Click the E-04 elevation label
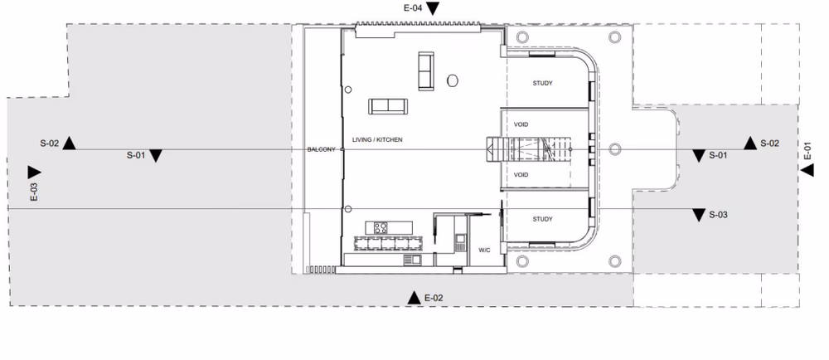click(x=413, y=7)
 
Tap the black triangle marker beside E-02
click(x=413, y=297)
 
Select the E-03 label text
click(x=34, y=192)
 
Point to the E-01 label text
click(x=807, y=151)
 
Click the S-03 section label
click(x=719, y=215)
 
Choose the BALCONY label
click(x=320, y=149)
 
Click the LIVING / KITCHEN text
click(x=377, y=140)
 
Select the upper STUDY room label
click(x=542, y=83)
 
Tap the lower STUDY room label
click(x=542, y=219)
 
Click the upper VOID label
click(x=521, y=124)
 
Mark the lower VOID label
click(x=521, y=175)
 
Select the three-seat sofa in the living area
click(x=388, y=105)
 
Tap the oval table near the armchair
click(x=452, y=80)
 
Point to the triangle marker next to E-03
click(x=34, y=172)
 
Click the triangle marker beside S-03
click(x=699, y=215)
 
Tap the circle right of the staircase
click(x=614, y=149)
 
